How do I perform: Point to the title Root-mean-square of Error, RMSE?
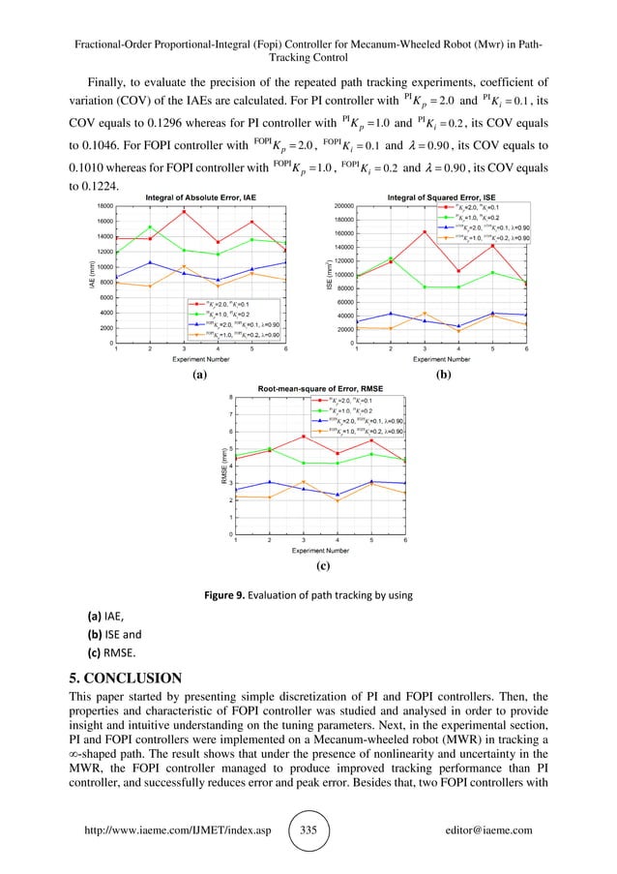[320, 388]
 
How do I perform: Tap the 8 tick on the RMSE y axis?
[229, 398]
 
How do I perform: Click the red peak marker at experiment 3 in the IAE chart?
[184, 212]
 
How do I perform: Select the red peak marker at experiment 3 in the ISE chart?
[425, 231]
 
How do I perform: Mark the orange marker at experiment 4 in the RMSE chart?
[338, 501]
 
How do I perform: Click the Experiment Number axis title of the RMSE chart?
[320, 550]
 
